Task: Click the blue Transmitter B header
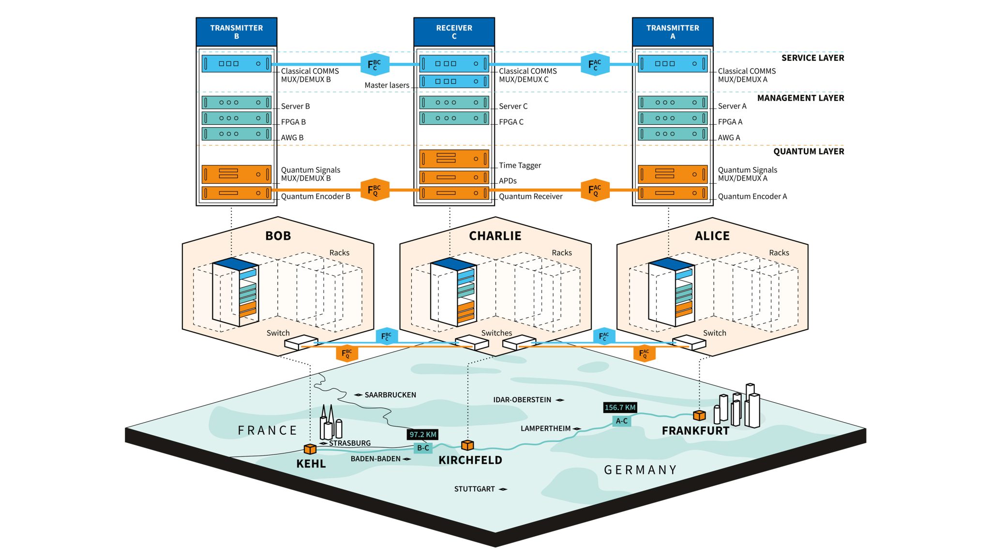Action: click(x=236, y=32)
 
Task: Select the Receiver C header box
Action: click(x=454, y=32)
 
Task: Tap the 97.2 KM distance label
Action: click(x=423, y=434)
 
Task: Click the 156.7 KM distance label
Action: click(x=620, y=407)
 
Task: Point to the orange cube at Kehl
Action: click(x=310, y=449)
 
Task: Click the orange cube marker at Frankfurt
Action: click(x=699, y=415)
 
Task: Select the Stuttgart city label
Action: click(x=474, y=489)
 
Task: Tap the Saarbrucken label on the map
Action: click(x=390, y=395)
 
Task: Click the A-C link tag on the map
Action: click(x=621, y=421)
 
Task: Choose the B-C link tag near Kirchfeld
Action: click(x=423, y=448)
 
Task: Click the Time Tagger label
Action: click(x=520, y=165)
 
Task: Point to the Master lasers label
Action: click(x=387, y=85)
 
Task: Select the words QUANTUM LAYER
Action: click(x=808, y=151)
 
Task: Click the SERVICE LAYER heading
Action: click(x=812, y=58)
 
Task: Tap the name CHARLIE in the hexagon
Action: click(x=495, y=236)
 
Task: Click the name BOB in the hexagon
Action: click(x=278, y=236)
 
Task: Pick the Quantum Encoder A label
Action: click(x=752, y=196)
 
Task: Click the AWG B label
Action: click(x=292, y=137)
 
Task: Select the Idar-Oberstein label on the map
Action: click(x=522, y=399)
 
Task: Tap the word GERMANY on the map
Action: click(x=640, y=469)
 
